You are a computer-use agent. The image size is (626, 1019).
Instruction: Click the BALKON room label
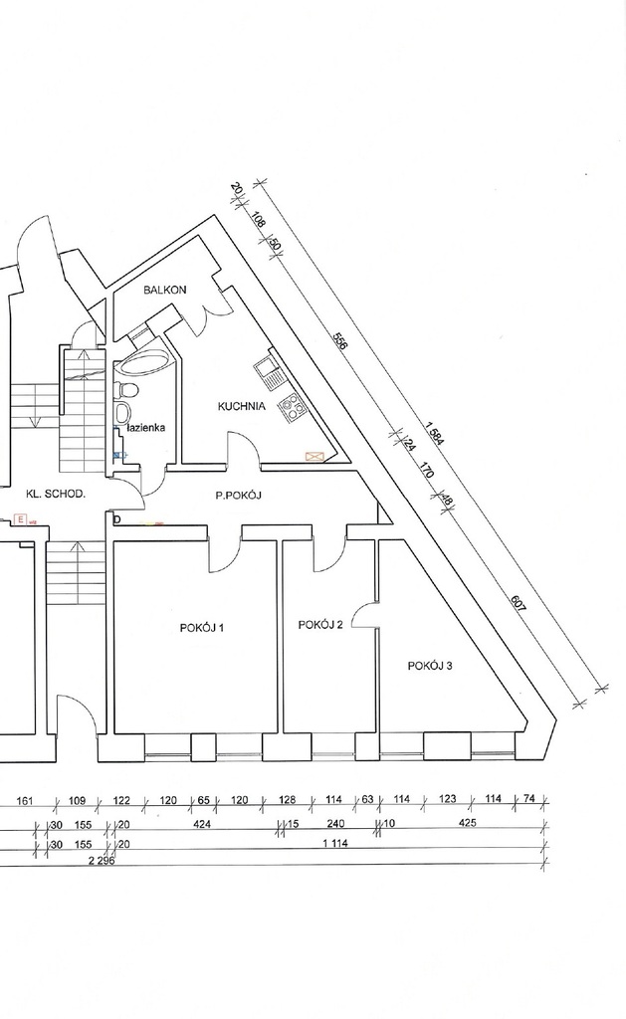coord(165,290)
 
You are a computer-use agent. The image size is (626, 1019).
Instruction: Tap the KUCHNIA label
coord(241,406)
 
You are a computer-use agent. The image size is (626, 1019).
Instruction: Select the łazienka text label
coord(146,428)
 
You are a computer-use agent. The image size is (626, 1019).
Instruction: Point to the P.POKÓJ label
coord(239,496)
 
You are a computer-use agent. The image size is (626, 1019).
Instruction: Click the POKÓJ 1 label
coord(201,628)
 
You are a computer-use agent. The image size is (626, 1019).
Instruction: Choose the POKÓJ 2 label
coord(319,625)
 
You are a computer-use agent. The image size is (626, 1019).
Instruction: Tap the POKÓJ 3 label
coord(430,666)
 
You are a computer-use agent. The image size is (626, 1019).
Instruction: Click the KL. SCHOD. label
coord(56,494)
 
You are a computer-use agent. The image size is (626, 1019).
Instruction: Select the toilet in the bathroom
coord(126,390)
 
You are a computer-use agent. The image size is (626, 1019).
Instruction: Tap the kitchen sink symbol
coord(267,369)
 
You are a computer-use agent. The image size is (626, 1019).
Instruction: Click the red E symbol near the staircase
coord(21,519)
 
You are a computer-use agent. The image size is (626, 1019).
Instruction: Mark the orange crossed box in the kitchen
coord(314,457)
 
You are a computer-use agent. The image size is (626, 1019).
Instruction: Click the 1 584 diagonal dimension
coord(434,434)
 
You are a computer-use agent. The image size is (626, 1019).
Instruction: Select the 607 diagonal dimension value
coord(519,604)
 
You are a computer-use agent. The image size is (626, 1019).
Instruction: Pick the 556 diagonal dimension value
coord(340,341)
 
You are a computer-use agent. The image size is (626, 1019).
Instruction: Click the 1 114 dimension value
coord(335,844)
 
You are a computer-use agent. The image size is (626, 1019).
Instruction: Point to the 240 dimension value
coord(335,823)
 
